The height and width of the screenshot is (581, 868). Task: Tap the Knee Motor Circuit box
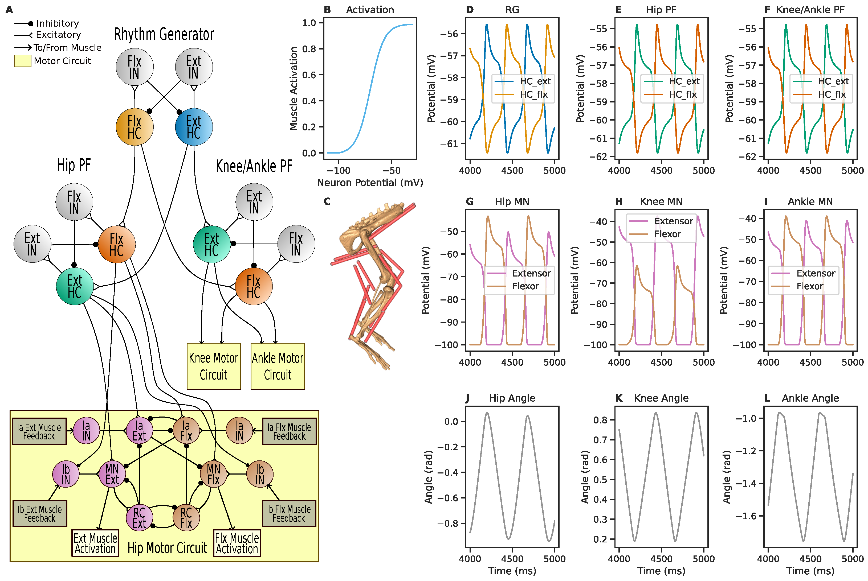click(214, 366)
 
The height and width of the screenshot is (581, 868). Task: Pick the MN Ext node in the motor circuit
click(112, 474)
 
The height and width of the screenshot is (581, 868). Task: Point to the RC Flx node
click(186, 518)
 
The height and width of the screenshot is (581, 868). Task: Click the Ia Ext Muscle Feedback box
click(39, 432)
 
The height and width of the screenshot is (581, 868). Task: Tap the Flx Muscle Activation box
click(237, 543)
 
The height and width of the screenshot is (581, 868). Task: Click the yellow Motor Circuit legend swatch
click(23, 61)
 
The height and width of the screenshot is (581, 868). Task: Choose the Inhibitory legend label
click(58, 23)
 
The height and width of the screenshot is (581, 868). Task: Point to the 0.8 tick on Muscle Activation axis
click(309, 49)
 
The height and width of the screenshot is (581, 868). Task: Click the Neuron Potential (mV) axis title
click(370, 183)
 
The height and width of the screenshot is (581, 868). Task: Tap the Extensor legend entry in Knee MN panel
click(673, 221)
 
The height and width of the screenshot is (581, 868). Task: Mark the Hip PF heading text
click(74, 165)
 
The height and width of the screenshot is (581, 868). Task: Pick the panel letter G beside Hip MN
click(469, 201)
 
